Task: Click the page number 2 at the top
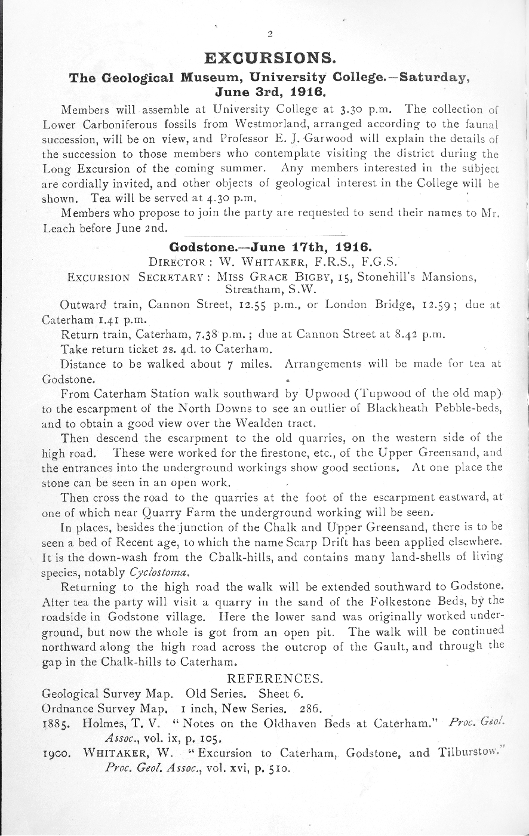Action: coord(270,33)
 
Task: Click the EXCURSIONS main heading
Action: coord(269,59)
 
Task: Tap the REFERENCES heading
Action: coord(275,678)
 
